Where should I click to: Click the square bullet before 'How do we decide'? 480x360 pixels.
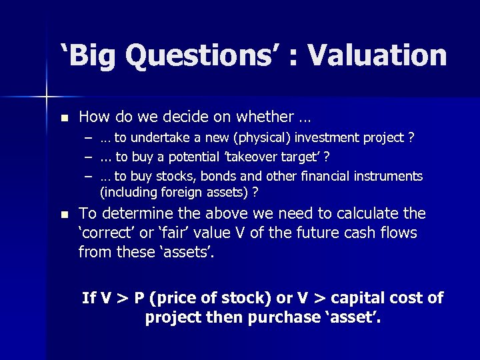click(64, 118)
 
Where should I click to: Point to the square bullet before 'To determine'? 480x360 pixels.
click(64, 215)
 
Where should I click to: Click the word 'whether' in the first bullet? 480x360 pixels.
click(264, 117)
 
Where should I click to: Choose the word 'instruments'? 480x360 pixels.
click(390, 176)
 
